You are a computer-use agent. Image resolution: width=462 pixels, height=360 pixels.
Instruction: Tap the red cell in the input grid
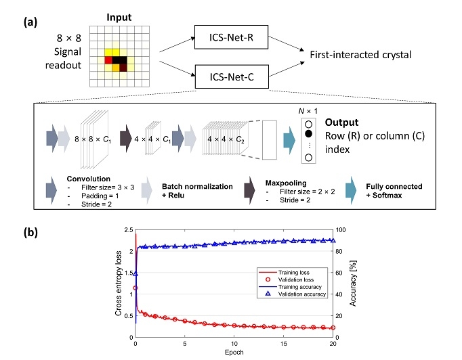(108, 60)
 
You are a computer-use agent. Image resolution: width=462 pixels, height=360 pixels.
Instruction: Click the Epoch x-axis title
(233, 353)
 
